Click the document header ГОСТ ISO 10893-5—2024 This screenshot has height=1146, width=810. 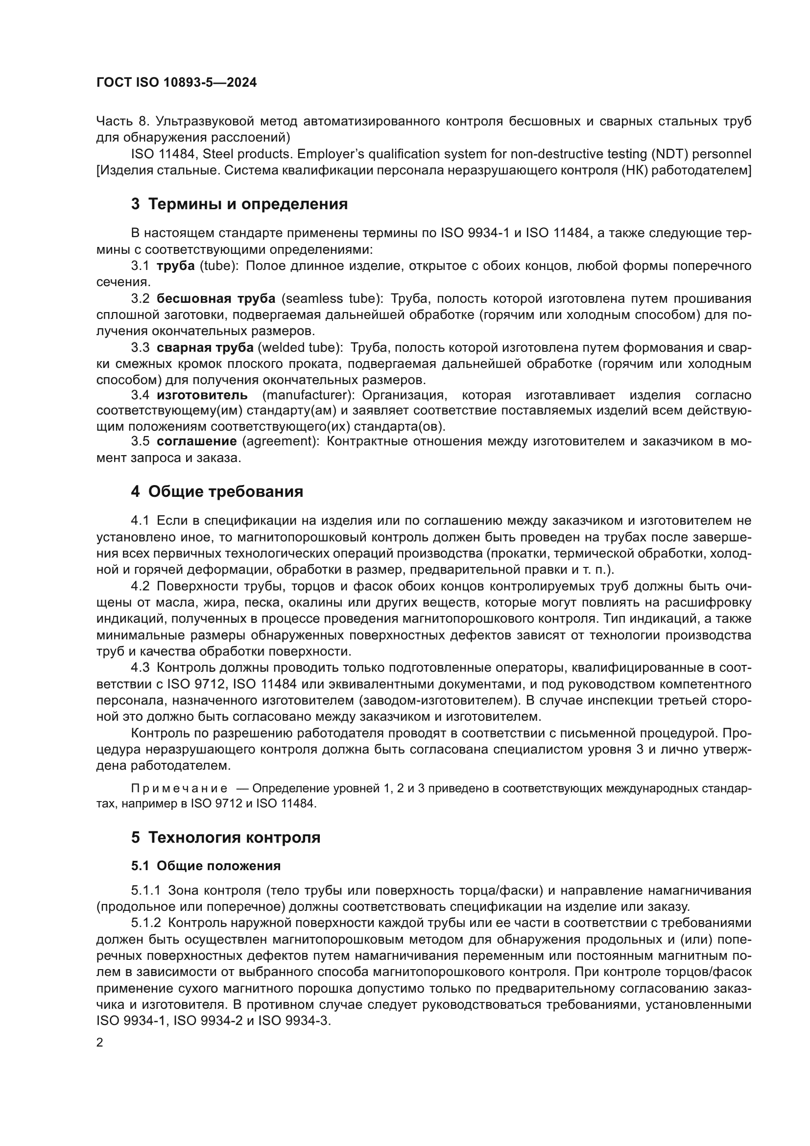[x=177, y=83]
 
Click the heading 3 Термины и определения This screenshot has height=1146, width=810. [x=239, y=204]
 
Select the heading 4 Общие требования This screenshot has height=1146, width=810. [x=217, y=491]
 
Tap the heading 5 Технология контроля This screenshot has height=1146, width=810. [x=225, y=837]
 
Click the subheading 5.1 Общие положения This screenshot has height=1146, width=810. [x=206, y=866]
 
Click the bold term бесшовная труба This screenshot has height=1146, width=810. [x=215, y=298]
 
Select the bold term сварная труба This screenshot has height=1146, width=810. [x=205, y=347]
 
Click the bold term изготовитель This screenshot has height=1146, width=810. [x=202, y=395]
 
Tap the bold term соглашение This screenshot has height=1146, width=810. [x=196, y=441]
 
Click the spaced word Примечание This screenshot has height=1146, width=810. [x=179, y=789]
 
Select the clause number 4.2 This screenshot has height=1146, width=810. [x=140, y=586]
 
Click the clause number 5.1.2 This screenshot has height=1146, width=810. [x=146, y=923]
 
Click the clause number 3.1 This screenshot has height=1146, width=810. [x=140, y=266]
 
